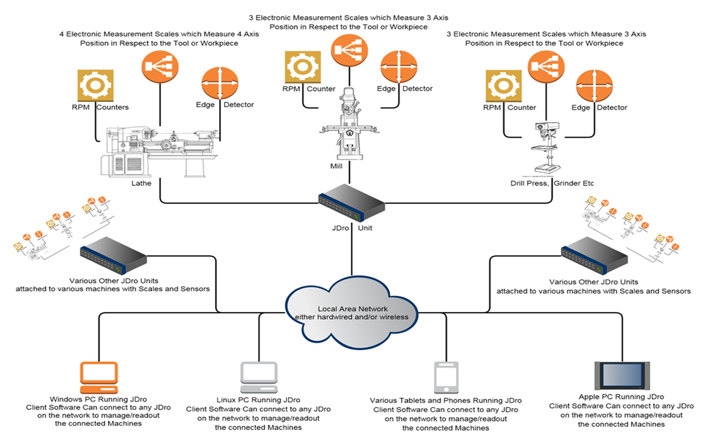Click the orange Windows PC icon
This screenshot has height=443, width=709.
(99, 377)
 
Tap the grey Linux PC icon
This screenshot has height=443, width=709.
(258, 377)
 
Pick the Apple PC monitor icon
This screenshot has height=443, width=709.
(621, 376)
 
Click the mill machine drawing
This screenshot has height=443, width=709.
(348, 124)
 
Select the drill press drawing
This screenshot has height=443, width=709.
(546, 147)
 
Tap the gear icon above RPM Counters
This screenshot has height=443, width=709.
(95, 86)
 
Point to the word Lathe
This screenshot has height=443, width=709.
(141, 183)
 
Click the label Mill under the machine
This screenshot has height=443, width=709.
(336, 166)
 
